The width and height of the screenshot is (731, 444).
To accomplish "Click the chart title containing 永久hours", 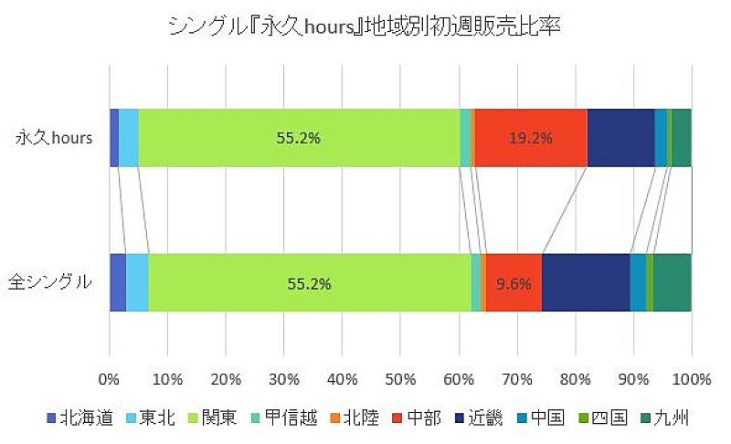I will point(364,26).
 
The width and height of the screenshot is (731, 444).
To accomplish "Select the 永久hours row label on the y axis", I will point(57,138).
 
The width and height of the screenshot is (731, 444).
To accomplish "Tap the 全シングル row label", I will point(50,282).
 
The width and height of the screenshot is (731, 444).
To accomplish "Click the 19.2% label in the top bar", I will point(531,139).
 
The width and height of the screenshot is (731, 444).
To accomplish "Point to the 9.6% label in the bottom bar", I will point(514,283).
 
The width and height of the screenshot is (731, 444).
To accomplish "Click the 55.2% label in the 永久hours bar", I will point(299,139).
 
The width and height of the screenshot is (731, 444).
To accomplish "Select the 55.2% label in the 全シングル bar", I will point(309,283).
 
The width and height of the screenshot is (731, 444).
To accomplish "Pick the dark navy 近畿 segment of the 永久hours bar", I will point(620,138).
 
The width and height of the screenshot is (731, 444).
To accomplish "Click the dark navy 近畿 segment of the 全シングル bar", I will point(586,282).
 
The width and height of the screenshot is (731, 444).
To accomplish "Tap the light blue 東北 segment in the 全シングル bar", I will point(137,282).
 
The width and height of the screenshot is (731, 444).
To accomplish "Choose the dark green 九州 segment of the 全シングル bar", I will point(672,282).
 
